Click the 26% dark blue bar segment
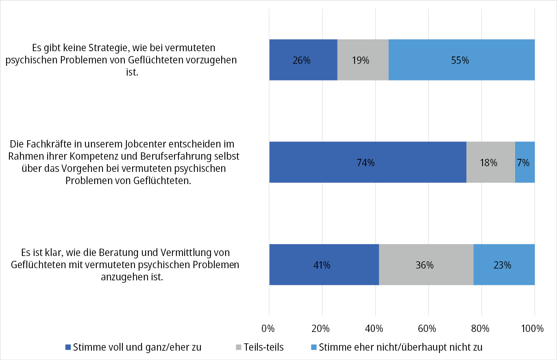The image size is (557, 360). pyautogui.click(x=303, y=60)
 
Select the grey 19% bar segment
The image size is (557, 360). pyautogui.click(x=363, y=60)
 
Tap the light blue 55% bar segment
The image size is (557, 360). pyautogui.click(x=461, y=60)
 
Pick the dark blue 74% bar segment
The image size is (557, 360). pyautogui.click(x=368, y=163)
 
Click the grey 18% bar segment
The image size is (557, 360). pyautogui.click(x=490, y=163)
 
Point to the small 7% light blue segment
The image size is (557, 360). pyautogui.click(x=524, y=163)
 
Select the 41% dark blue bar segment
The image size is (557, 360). pyautogui.click(x=324, y=265)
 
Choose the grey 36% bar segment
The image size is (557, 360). pyautogui.click(x=426, y=265)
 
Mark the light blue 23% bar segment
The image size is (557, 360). pyautogui.click(x=504, y=265)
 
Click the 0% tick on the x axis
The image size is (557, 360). pyautogui.click(x=269, y=328)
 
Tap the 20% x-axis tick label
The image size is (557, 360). pyautogui.click(x=322, y=328)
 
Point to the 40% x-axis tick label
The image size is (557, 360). pyautogui.click(x=375, y=328)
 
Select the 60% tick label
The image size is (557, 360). pyautogui.click(x=428, y=328)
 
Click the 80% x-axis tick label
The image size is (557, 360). pyautogui.click(x=481, y=328)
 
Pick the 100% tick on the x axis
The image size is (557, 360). pyautogui.click(x=533, y=328)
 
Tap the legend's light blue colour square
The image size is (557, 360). pyautogui.click(x=314, y=348)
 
